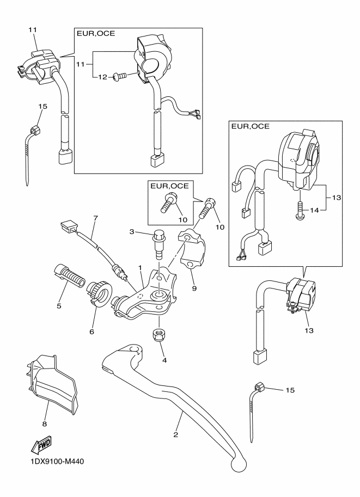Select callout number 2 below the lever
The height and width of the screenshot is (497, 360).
click(176, 434)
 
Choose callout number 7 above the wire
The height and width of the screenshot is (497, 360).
click(95, 218)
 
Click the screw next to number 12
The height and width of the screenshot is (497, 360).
click(120, 76)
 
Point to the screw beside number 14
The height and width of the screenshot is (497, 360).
click(300, 211)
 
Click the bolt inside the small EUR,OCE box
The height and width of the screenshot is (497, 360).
click(167, 203)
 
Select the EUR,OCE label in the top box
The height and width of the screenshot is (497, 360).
click(96, 34)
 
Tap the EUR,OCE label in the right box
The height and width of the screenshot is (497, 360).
click(250, 126)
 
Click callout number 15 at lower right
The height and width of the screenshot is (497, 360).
click(290, 390)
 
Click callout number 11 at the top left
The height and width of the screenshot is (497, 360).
click(33, 30)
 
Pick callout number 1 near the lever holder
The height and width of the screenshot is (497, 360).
click(140, 268)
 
